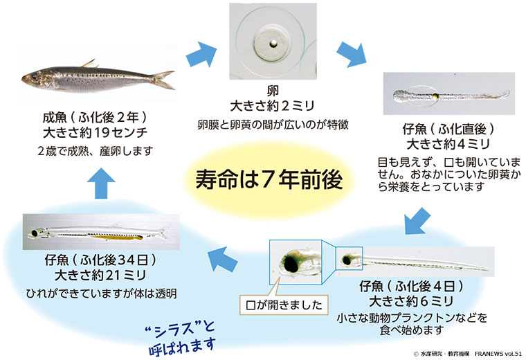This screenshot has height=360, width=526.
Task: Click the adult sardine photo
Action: [93, 78]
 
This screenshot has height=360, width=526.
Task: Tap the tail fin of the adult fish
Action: [164, 79]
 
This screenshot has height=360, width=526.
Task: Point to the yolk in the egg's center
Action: [274, 46]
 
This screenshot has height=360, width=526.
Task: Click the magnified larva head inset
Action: [296, 262]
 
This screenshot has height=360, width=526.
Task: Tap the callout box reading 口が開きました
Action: [284, 303]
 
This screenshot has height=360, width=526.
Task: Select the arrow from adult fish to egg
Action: [202, 53]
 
